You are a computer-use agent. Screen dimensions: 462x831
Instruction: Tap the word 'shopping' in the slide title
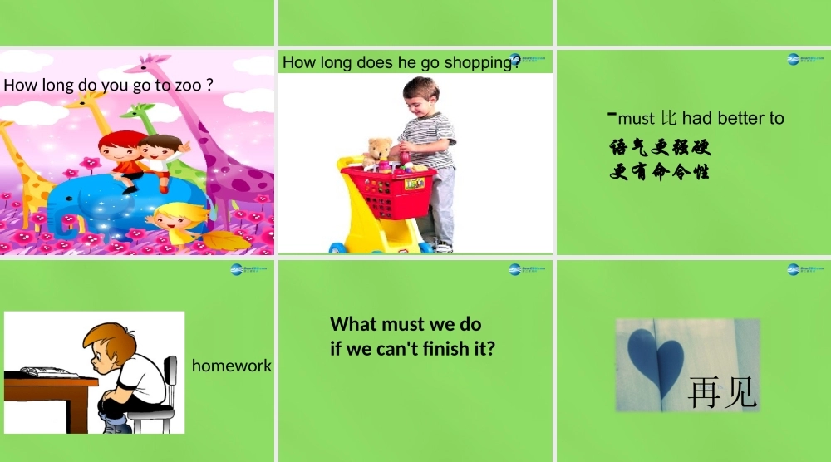click(481, 63)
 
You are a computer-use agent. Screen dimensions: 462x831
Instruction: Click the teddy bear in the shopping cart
click(379, 153)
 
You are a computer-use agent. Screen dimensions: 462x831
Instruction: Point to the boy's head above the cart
click(421, 96)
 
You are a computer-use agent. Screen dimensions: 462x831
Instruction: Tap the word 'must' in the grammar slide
click(636, 119)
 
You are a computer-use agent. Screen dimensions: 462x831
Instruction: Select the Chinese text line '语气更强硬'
click(660, 148)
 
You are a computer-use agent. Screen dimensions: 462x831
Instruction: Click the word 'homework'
click(232, 366)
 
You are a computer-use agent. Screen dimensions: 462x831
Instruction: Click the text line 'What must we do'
click(406, 324)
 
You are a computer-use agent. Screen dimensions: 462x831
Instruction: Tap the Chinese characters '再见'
click(722, 393)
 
